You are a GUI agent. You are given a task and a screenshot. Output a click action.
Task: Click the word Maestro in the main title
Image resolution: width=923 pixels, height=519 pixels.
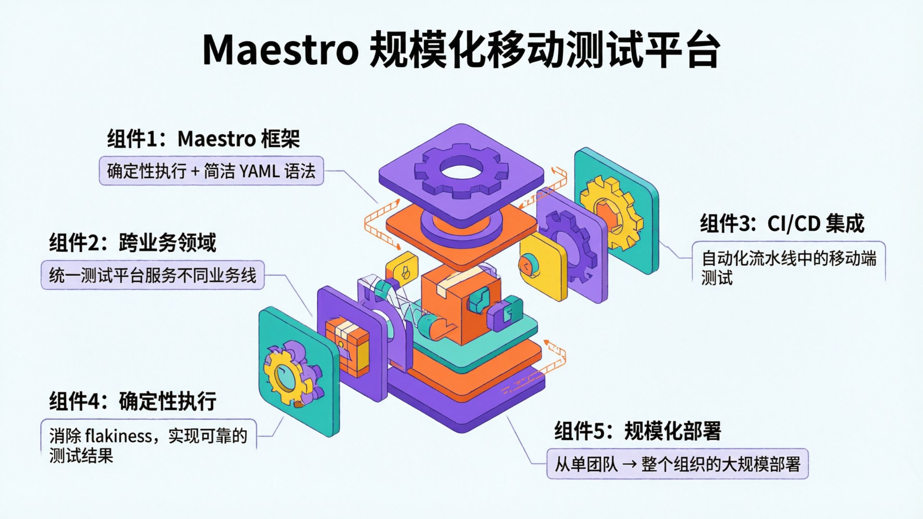[280, 49]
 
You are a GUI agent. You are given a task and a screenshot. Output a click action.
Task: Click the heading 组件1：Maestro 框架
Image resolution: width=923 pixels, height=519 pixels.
[203, 139]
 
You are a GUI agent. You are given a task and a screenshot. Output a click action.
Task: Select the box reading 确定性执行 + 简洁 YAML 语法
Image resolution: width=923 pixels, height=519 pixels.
[211, 171]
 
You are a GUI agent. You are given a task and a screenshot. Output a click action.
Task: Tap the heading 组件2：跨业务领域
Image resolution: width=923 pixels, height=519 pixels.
[133, 243]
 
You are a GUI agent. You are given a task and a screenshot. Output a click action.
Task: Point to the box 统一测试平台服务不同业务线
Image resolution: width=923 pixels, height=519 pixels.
[152, 275]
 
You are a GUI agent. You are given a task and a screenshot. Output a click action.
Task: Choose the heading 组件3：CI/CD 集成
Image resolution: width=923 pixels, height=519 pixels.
[782, 223]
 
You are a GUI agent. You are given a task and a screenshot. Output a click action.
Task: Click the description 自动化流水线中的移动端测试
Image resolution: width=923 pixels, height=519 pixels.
[788, 268]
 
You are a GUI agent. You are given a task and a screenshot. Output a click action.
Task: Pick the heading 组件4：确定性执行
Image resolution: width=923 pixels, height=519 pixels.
[133, 401]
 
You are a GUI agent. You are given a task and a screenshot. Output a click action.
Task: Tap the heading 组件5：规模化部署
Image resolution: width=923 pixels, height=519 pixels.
[637, 431]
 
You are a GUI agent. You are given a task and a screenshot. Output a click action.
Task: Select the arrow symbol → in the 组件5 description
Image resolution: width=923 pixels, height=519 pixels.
[629, 464]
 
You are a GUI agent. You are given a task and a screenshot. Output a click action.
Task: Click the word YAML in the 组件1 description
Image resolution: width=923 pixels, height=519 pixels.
[259, 171]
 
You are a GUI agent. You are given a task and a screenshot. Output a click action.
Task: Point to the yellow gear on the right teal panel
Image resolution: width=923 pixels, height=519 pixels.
[611, 212]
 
